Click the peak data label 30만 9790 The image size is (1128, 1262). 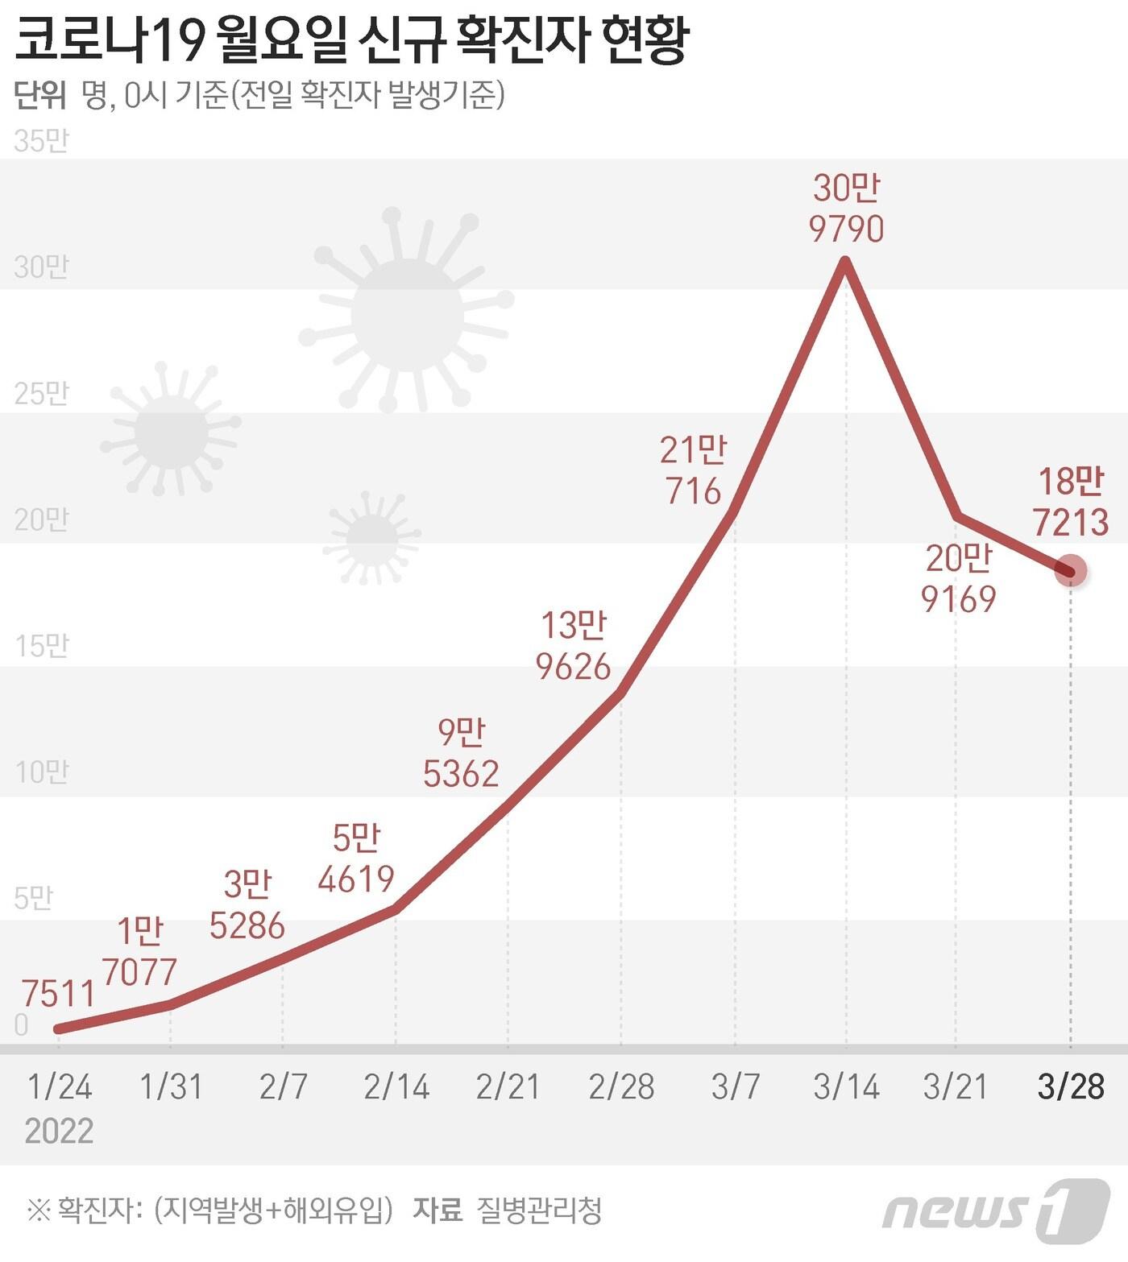(846, 209)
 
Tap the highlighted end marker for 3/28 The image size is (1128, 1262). (1071, 571)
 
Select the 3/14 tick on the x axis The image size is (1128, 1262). (846, 1086)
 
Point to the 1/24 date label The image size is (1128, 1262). (60, 1086)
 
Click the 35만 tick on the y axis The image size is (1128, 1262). (41, 142)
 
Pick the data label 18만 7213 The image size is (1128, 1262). (1070, 502)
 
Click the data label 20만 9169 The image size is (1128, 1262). (959, 578)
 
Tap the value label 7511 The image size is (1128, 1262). (58, 994)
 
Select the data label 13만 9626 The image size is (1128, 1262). (574, 646)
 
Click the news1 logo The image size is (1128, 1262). (996, 1210)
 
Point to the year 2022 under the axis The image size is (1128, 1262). (59, 1131)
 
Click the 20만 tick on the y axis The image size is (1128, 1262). (41, 520)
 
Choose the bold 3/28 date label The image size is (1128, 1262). (1071, 1086)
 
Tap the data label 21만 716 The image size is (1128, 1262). (693, 470)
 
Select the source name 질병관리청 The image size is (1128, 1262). (539, 1210)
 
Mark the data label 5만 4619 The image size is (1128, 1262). (356, 859)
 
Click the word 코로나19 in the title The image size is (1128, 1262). (108, 40)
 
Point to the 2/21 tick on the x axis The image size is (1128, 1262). (508, 1086)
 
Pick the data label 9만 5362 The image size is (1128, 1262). (461, 752)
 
